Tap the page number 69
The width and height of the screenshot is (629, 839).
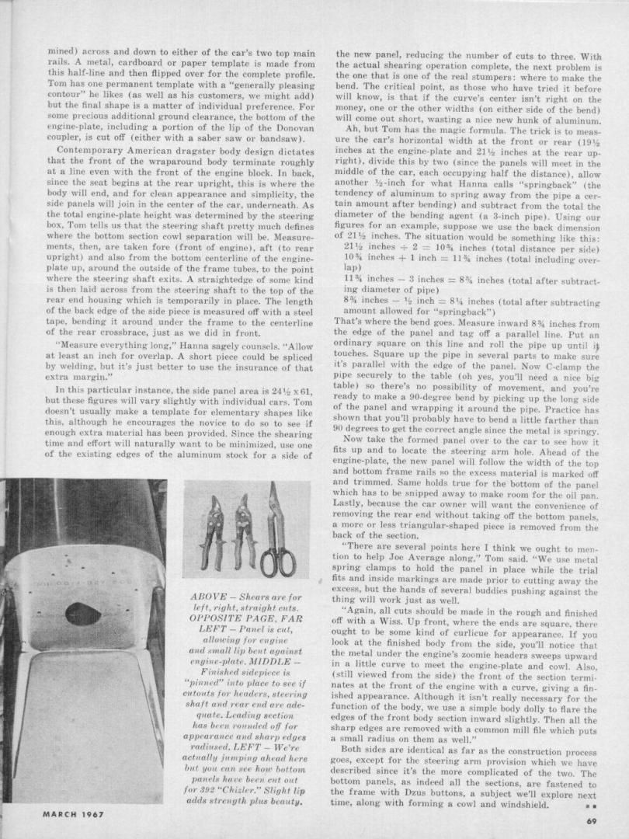592,821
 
